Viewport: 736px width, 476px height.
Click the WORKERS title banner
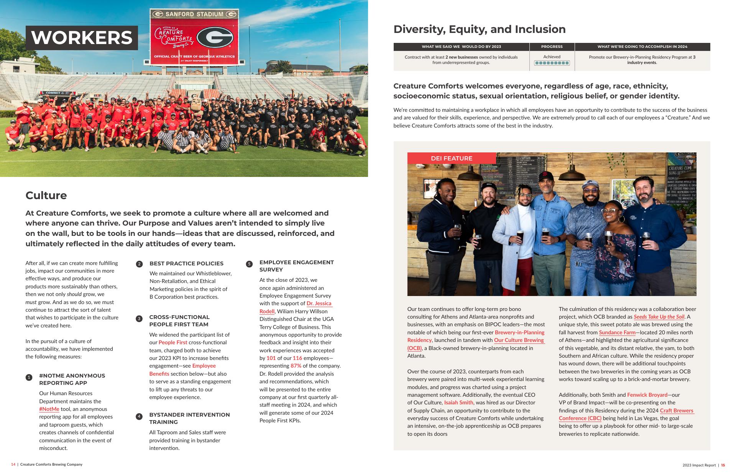82,38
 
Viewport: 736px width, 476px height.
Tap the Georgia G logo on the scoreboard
215,37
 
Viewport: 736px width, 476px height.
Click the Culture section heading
46,195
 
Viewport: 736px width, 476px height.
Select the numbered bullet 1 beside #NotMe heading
29,378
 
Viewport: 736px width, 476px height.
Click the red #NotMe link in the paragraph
49,409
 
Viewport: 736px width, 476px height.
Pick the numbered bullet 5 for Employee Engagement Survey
249,264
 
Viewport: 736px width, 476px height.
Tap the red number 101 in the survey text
271,358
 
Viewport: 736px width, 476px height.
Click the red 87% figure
296,366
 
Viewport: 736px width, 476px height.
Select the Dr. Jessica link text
319,303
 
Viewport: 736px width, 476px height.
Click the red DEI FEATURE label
452,158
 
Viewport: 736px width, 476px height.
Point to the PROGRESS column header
552,47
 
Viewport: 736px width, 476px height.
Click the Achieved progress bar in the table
552,63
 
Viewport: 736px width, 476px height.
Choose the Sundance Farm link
617,332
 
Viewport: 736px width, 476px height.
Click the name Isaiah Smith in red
458,402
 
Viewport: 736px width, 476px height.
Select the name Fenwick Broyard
647,395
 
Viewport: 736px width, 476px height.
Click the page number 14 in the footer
13,465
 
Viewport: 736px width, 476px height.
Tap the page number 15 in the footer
723,465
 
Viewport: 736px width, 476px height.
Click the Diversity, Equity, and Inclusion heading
479,29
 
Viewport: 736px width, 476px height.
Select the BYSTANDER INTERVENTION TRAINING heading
189,418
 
